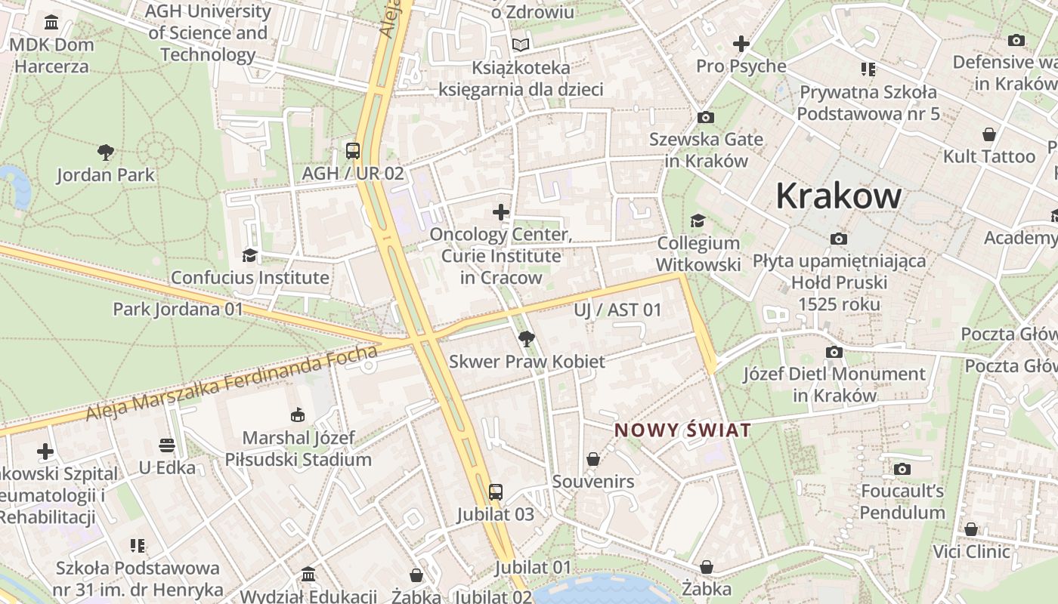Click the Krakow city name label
pos(838,196)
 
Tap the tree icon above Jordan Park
pos(106,153)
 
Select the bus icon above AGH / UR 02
pos(353,150)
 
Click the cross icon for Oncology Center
pos(501,212)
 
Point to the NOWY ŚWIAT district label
pos(682,430)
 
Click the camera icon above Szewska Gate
pos(706,117)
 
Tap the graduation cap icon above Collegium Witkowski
pos(698,220)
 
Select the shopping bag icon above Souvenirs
pos(593,459)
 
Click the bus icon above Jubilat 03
pos(495,492)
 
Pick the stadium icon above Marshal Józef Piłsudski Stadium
pos(298,414)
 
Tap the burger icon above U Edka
pos(167,445)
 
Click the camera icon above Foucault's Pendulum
pos(902,469)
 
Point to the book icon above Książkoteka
pos(521,45)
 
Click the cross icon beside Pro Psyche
pos(741,44)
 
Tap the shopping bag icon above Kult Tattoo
pos(988,134)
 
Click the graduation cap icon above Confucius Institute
pos(249,255)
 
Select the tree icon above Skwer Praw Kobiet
pos(527,339)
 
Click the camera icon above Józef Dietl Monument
pos(834,352)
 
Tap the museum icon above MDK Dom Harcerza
pos(51,22)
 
